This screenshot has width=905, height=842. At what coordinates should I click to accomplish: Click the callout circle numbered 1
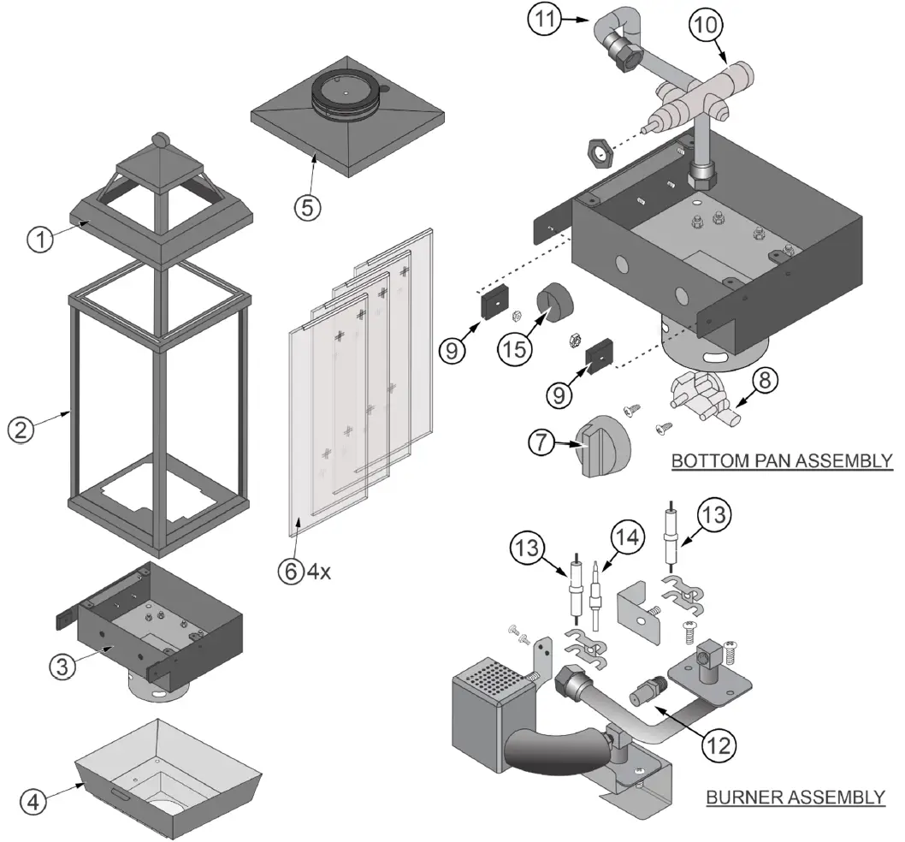[x=39, y=240]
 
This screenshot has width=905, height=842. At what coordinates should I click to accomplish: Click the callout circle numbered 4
[x=34, y=803]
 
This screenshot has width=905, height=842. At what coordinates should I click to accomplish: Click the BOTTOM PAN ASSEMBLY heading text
[x=782, y=461]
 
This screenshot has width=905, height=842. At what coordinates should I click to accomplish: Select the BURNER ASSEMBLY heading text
[x=795, y=798]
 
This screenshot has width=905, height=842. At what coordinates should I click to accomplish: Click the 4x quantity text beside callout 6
[x=319, y=572]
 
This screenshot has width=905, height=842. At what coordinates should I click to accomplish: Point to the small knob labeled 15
[x=556, y=304]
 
